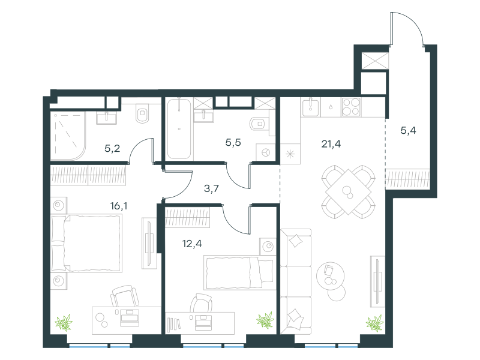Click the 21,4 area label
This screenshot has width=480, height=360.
click(x=331, y=143)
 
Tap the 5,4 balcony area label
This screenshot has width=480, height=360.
click(x=408, y=131)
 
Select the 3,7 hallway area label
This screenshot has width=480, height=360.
click(x=211, y=188)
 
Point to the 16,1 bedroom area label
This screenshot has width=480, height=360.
click(x=119, y=206)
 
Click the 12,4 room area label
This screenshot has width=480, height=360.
click(x=192, y=244)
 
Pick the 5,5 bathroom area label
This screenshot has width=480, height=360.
click(x=233, y=142)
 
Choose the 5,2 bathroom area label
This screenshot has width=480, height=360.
click(x=112, y=148)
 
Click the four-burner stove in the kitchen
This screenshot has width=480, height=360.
click(x=351, y=107)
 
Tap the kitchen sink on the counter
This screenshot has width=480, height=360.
click(x=310, y=107)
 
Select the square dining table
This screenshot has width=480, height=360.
click(x=348, y=192)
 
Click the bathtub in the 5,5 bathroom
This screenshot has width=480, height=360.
click(x=179, y=128)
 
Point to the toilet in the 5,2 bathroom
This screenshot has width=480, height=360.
click(x=142, y=113)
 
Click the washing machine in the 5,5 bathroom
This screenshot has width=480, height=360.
click(x=265, y=152)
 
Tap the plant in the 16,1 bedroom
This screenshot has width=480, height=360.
click(x=64, y=322)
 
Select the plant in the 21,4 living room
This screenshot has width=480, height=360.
click(x=374, y=323)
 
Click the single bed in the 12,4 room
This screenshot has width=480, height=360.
click(x=239, y=273)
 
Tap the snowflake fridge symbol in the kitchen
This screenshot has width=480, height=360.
click(x=290, y=154)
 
